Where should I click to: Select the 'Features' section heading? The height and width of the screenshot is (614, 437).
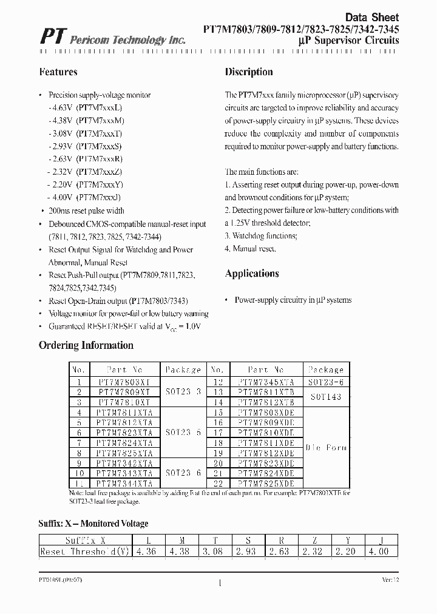pos(58,72)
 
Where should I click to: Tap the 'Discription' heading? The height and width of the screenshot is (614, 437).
pos(249,72)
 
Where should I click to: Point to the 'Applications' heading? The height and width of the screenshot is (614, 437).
pos(252,274)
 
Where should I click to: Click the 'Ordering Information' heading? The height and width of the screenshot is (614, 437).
pos(86,346)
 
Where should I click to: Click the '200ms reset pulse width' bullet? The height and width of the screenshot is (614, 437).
pos(86,211)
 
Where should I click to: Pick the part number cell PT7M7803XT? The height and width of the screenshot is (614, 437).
pos(124,382)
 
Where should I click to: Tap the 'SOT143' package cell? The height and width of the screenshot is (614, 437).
pos(326,397)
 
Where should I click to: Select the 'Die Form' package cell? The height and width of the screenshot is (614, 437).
pos(326,448)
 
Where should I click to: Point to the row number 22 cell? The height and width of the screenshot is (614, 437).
pos(218,484)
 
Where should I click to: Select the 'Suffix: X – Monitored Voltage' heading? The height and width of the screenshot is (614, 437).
pos(93,524)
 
